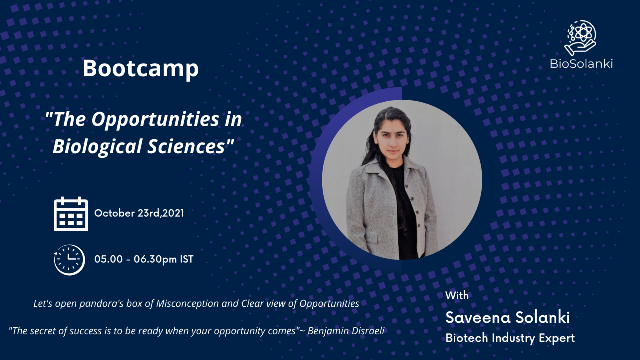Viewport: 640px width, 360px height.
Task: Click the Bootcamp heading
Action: coord(141,69)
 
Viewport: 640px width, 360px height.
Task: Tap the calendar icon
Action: coord(71,214)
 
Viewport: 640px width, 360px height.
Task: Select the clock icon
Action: coord(69,260)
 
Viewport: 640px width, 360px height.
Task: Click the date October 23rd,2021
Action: coord(139,213)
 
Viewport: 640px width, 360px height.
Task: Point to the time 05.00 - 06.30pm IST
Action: coord(144,259)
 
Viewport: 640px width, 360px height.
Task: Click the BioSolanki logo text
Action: coord(581,64)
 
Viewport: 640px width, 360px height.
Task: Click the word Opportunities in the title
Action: coord(155,120)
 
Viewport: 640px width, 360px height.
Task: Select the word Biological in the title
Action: coord(98,147)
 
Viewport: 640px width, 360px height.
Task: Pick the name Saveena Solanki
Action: coord(508,317)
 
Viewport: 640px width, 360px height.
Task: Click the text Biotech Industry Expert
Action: coord(510,338)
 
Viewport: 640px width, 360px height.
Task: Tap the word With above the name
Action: coord(457,296)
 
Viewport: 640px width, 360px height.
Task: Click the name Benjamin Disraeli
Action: coord(346,331)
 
